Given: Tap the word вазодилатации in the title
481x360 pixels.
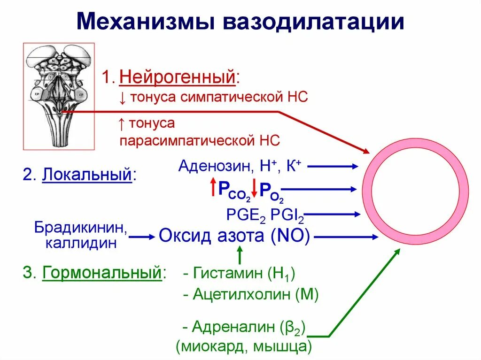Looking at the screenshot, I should pyautogui.click(x=313, y=22).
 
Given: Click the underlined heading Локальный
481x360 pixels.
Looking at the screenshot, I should pyautogui.click(x=86, y=176).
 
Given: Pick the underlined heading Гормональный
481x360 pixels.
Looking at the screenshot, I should pyautogui.click(x=102, y=273).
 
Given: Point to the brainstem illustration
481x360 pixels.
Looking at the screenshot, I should pyautogui.click(x=59, y=96).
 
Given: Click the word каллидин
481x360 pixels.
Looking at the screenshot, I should pyautogui.click(x=80, y=244).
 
